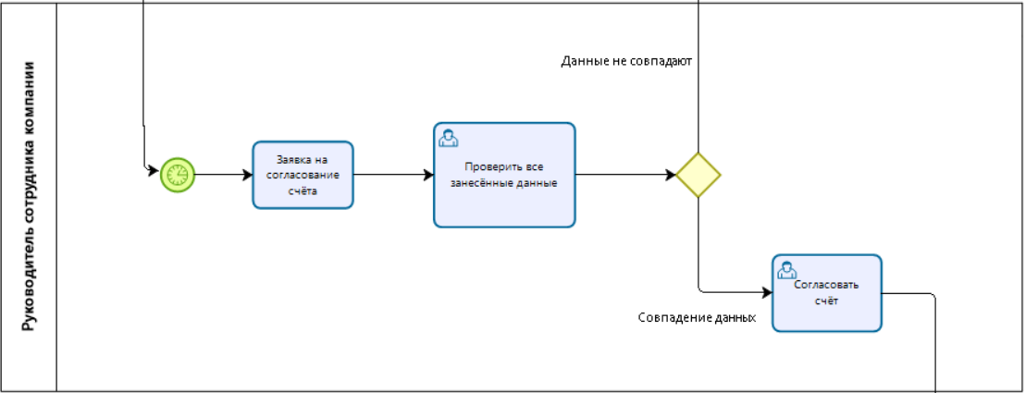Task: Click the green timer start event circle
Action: pyautogui.click(x=178, y=174)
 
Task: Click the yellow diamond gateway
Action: pyautogui.click(x=698, y=175)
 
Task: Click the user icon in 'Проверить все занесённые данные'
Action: pyautogui.click(x=449, y=138)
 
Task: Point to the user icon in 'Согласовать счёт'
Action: pyautogui.click(x=787, y=270)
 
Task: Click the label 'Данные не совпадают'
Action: pyautogui.click(x=626, y=62)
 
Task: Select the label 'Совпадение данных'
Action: pyautogui.click(x=697, y=317)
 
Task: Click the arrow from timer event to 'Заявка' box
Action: pyautogui.click(x=223, y=174)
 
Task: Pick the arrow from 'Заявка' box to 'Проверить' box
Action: pyautogui.click(x=392, y=174)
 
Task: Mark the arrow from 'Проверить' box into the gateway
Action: pyautogui.click(x=624, y=174)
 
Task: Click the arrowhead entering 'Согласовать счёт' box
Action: pyautogui.click(x=766, y=293)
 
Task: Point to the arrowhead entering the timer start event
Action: pyautogui.click(x=154, y=170)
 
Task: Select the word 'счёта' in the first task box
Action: pyautogui.click(x=303, y=191)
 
